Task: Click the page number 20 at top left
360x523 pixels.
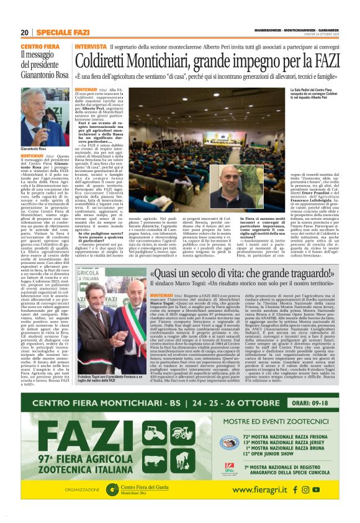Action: click(25, 32)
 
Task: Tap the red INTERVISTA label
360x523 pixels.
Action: click(89, 47)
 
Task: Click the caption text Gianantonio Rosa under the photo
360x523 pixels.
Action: click(34, 149)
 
